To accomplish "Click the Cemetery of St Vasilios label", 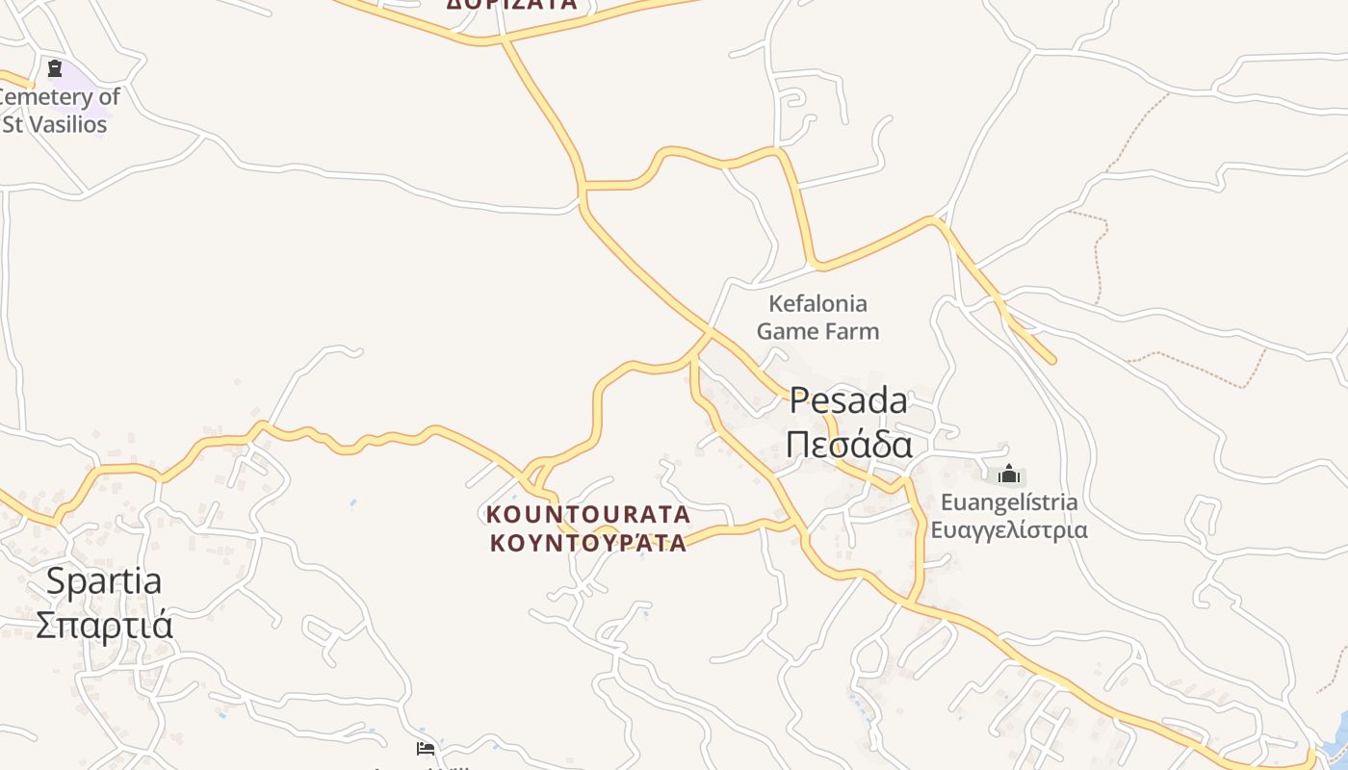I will [x=58, y=110].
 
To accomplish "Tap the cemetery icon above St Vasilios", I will [x=55, y=68].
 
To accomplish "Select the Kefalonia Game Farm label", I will [x=817, y=318].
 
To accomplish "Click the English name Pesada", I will [x=848, y=400].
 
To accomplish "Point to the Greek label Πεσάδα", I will [x=848, y=445].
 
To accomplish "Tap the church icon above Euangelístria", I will [x=1008, y=474].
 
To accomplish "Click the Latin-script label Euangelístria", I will [x=1009, y=502].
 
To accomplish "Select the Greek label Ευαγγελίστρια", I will [x=1009, y=529].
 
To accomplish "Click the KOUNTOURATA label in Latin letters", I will [x=588, y=514].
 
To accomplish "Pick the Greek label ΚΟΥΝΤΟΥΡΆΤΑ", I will [x=588, y=543].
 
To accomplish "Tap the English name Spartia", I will [x=104, y=581].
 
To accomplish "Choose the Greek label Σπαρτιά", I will [x=104, y=625].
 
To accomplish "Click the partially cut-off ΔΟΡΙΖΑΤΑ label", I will [x=511, y=4].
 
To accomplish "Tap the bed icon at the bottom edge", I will [x=426, y=748].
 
